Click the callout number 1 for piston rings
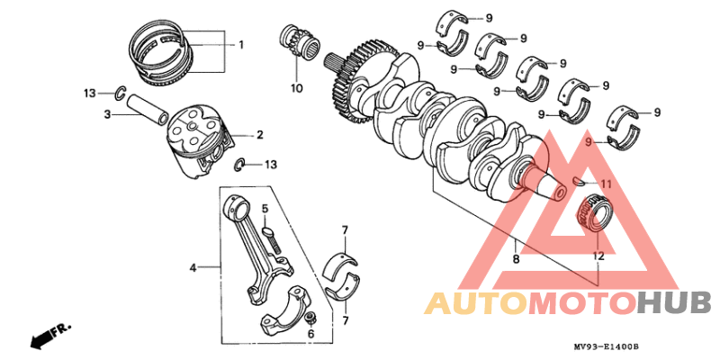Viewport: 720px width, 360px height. [x=241, y=44]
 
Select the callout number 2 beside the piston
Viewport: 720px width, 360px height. [x=259, y=135]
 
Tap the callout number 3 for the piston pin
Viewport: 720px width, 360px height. [x=106, y=114]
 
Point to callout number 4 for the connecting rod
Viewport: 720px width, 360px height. [x=193, y=267]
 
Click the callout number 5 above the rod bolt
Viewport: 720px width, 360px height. [x=265, y=210]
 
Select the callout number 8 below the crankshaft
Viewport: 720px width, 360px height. [x=516, y=259]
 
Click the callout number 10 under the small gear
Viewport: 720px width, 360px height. [x=297, y=88]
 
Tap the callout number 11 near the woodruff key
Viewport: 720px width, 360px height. [x=606, y=184]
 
